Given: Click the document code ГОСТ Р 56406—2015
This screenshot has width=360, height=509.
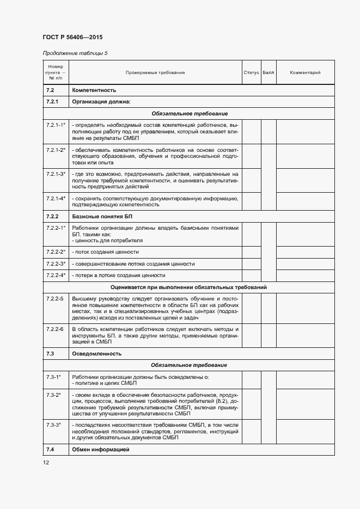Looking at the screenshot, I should click(x=72, y=37).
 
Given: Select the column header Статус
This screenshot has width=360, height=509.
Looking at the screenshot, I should click(x=251, y=72).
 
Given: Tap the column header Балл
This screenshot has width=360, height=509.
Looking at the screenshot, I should click(x=269, y=72).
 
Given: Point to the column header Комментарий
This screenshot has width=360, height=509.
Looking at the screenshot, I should click(x=305, y=72).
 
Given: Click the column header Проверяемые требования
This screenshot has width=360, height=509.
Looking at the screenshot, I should click(x=155, y=72).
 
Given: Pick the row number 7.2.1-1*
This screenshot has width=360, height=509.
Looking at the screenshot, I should click(x=56, y=125).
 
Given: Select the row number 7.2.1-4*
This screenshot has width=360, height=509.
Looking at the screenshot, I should click(x=56, y=199).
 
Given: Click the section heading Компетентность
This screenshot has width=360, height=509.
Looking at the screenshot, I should click(x=94, y=90).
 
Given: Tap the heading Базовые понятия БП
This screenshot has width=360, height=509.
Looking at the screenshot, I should click(x=99, y=217).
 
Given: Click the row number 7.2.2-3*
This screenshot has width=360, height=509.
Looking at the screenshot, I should click(x=56, y=263).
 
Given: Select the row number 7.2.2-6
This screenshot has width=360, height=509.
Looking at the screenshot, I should click(x=54, y=329).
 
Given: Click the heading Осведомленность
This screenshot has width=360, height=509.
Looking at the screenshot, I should click(x=96, y=354).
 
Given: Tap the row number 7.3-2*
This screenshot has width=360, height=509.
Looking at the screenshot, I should click(x=53, y=394).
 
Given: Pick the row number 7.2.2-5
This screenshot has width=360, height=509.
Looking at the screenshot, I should click(x=54, y=299).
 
